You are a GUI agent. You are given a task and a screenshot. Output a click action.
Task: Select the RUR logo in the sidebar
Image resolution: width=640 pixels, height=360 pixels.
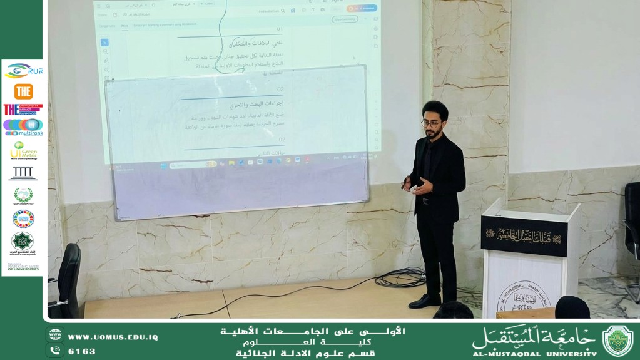pos(23,71)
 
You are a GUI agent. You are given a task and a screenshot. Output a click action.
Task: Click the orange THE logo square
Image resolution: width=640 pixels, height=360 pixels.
pos(23,91)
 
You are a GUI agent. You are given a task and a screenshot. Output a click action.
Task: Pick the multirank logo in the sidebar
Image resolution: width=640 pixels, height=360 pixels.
pos(23,127)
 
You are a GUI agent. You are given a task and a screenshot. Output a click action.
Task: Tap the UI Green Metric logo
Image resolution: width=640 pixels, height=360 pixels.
pos(23,150)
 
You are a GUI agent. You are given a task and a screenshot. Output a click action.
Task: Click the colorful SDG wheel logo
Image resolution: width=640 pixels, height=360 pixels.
pos(23,219)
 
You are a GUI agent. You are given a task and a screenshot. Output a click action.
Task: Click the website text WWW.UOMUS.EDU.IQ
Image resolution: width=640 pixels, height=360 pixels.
pos(113,337)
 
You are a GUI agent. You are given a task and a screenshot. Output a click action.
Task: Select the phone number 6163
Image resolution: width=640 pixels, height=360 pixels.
pos(81,351)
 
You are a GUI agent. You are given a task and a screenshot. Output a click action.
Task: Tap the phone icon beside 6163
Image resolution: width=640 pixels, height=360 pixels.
pos(55,351)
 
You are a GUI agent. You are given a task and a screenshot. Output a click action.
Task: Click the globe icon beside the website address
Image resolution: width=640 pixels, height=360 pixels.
pos(55,335)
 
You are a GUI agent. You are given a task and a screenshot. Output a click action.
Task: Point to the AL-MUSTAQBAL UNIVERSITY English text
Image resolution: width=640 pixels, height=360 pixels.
pos(534,354)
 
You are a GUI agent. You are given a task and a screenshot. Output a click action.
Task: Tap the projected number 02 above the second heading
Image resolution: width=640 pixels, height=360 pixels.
pos(281,90)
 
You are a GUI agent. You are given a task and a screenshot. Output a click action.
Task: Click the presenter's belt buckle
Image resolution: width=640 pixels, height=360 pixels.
pos(426,202)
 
